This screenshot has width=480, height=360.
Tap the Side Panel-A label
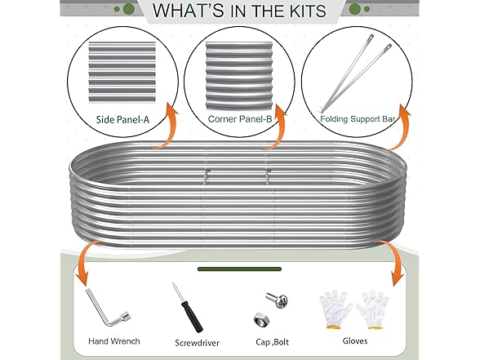tap(122, 119)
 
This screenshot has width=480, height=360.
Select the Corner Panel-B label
tap(240, 119)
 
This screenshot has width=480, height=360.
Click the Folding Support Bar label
tap(358, 119)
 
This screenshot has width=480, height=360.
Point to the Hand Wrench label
tap(114, 341)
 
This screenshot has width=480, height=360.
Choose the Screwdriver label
tap(198, 343)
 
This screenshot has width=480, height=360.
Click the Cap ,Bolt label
tap(272, 341)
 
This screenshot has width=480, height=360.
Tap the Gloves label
tap(355, 340)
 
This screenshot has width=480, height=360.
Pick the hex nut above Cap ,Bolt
tap(262, 319)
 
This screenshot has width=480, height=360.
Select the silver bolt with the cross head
tap(277, 300)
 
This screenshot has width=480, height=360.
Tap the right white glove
tap(373, 309)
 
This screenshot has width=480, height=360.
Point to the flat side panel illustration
tap(122, 72)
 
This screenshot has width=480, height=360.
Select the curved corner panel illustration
tap(238, 76)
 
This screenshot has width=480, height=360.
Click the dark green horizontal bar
tap(239, 269)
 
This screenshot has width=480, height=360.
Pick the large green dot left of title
tap(129, 9)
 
